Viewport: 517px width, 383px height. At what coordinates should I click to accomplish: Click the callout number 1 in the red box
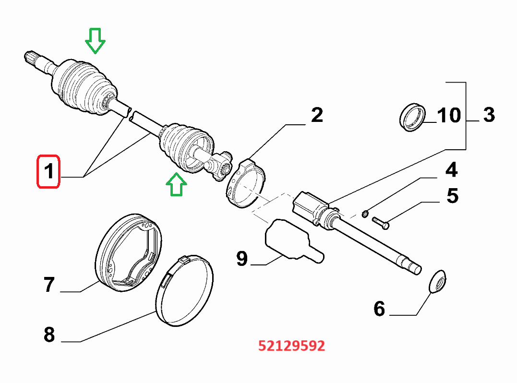(x=48, y=171)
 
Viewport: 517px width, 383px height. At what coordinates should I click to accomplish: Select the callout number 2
(x=317, y=115)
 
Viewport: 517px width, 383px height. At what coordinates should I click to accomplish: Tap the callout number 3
(x=488, y=115)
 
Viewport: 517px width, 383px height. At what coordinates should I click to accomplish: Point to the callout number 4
(x=451, y=170)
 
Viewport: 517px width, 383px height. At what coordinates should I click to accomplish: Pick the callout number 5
(x=451, y=196)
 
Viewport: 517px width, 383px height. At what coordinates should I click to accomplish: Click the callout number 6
(x=379, y=309)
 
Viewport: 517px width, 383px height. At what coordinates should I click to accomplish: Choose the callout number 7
(x=49, y=285)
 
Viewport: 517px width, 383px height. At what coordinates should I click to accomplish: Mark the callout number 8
(x=49, y=335)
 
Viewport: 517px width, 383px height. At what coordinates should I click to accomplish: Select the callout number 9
(x=242, y=259)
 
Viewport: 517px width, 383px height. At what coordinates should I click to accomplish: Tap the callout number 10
(x=449, y=116)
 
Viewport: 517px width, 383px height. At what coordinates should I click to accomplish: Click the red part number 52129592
(x=291, y=346)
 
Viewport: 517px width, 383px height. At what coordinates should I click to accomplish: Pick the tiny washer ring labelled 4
(x=366, y=214)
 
